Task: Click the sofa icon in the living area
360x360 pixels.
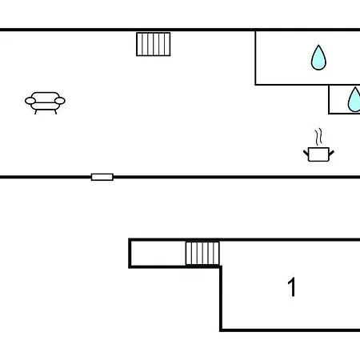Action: pos(45,103)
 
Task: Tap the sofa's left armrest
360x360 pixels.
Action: pos(30,101)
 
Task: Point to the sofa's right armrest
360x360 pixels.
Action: pos(60,101)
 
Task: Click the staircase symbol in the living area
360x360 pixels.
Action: pos(154,44)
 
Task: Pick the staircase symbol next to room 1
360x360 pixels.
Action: pos(202,254)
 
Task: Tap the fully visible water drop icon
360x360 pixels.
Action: pos(318,58)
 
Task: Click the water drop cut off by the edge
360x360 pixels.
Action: pos(354,100)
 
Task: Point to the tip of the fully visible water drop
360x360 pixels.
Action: pos(318,45)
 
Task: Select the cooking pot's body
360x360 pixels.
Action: pos(318,154)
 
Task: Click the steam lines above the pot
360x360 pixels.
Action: pos(318,137)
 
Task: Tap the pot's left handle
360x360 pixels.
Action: pos(306,153)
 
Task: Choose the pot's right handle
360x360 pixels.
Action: pos(331,153)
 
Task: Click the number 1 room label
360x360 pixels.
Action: pos(292,287)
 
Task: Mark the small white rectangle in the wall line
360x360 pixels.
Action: pos(102,177)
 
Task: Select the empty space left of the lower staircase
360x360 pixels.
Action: pos(158,254)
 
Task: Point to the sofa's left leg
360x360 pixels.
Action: pos(36,112)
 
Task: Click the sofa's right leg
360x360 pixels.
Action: pos(55,112)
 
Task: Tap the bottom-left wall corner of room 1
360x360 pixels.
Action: pos(221,330)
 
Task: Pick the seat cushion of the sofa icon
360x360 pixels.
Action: pos(45,106)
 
